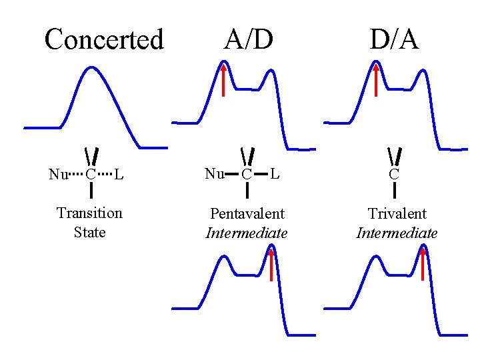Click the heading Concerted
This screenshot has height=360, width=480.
(103, 40)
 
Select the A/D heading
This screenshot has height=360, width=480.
(248, 40)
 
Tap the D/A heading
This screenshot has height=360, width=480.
(395, 40)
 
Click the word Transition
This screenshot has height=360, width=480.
(89, 213)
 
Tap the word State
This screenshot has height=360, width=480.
(89, 233)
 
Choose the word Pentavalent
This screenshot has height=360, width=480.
(247, 214)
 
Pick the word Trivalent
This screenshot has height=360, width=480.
(397, 214)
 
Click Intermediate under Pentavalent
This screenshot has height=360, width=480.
(247, 233)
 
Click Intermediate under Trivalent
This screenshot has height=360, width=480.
(397, 233)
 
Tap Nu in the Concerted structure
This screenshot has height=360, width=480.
(57, 175)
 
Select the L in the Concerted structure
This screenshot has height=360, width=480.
(118, 175)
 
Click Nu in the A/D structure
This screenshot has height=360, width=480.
(214, 174)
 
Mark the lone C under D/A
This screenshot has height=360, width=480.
(395, 175)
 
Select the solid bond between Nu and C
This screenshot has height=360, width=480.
(231, 175)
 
